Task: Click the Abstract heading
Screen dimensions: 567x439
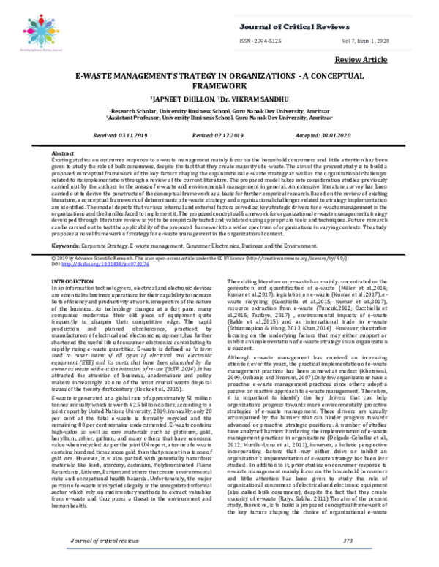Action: pyautogui.click(x=63, y=156)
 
